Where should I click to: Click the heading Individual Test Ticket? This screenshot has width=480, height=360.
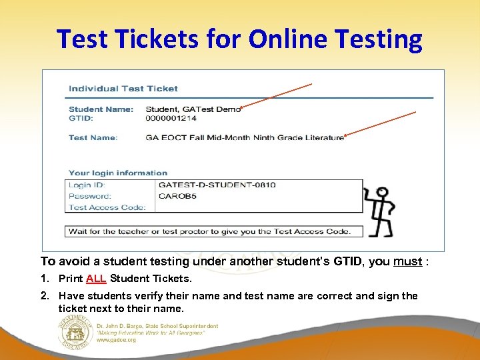pos(123,88)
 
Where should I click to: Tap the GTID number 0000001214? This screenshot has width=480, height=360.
pos(171,118)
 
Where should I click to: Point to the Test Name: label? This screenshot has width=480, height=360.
pos(93,137)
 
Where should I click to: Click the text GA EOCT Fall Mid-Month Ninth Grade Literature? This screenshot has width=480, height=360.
pos(245,137)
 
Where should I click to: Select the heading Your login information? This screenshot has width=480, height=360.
pos(118,173)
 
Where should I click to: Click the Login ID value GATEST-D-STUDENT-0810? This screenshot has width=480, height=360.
pos(217,185)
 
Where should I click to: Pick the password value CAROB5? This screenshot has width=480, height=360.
pos(177,196)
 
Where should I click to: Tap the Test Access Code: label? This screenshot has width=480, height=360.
pos(107,207)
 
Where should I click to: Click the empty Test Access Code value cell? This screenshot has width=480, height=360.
pos(259,207)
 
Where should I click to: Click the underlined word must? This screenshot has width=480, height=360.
pos(407,261)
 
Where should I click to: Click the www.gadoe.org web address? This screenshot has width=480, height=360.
pos(116,339)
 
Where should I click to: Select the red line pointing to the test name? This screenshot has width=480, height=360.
pos(380,124)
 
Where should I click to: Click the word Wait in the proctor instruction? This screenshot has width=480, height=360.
pos(77,231)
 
